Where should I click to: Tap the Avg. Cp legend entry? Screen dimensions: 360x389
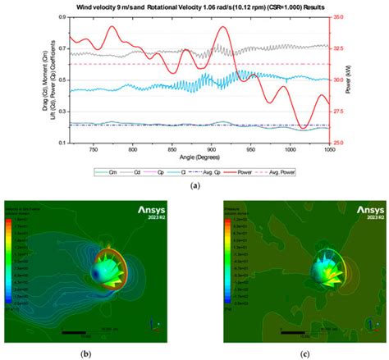click(207, 174)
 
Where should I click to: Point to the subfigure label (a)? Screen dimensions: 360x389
click(194, 187)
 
